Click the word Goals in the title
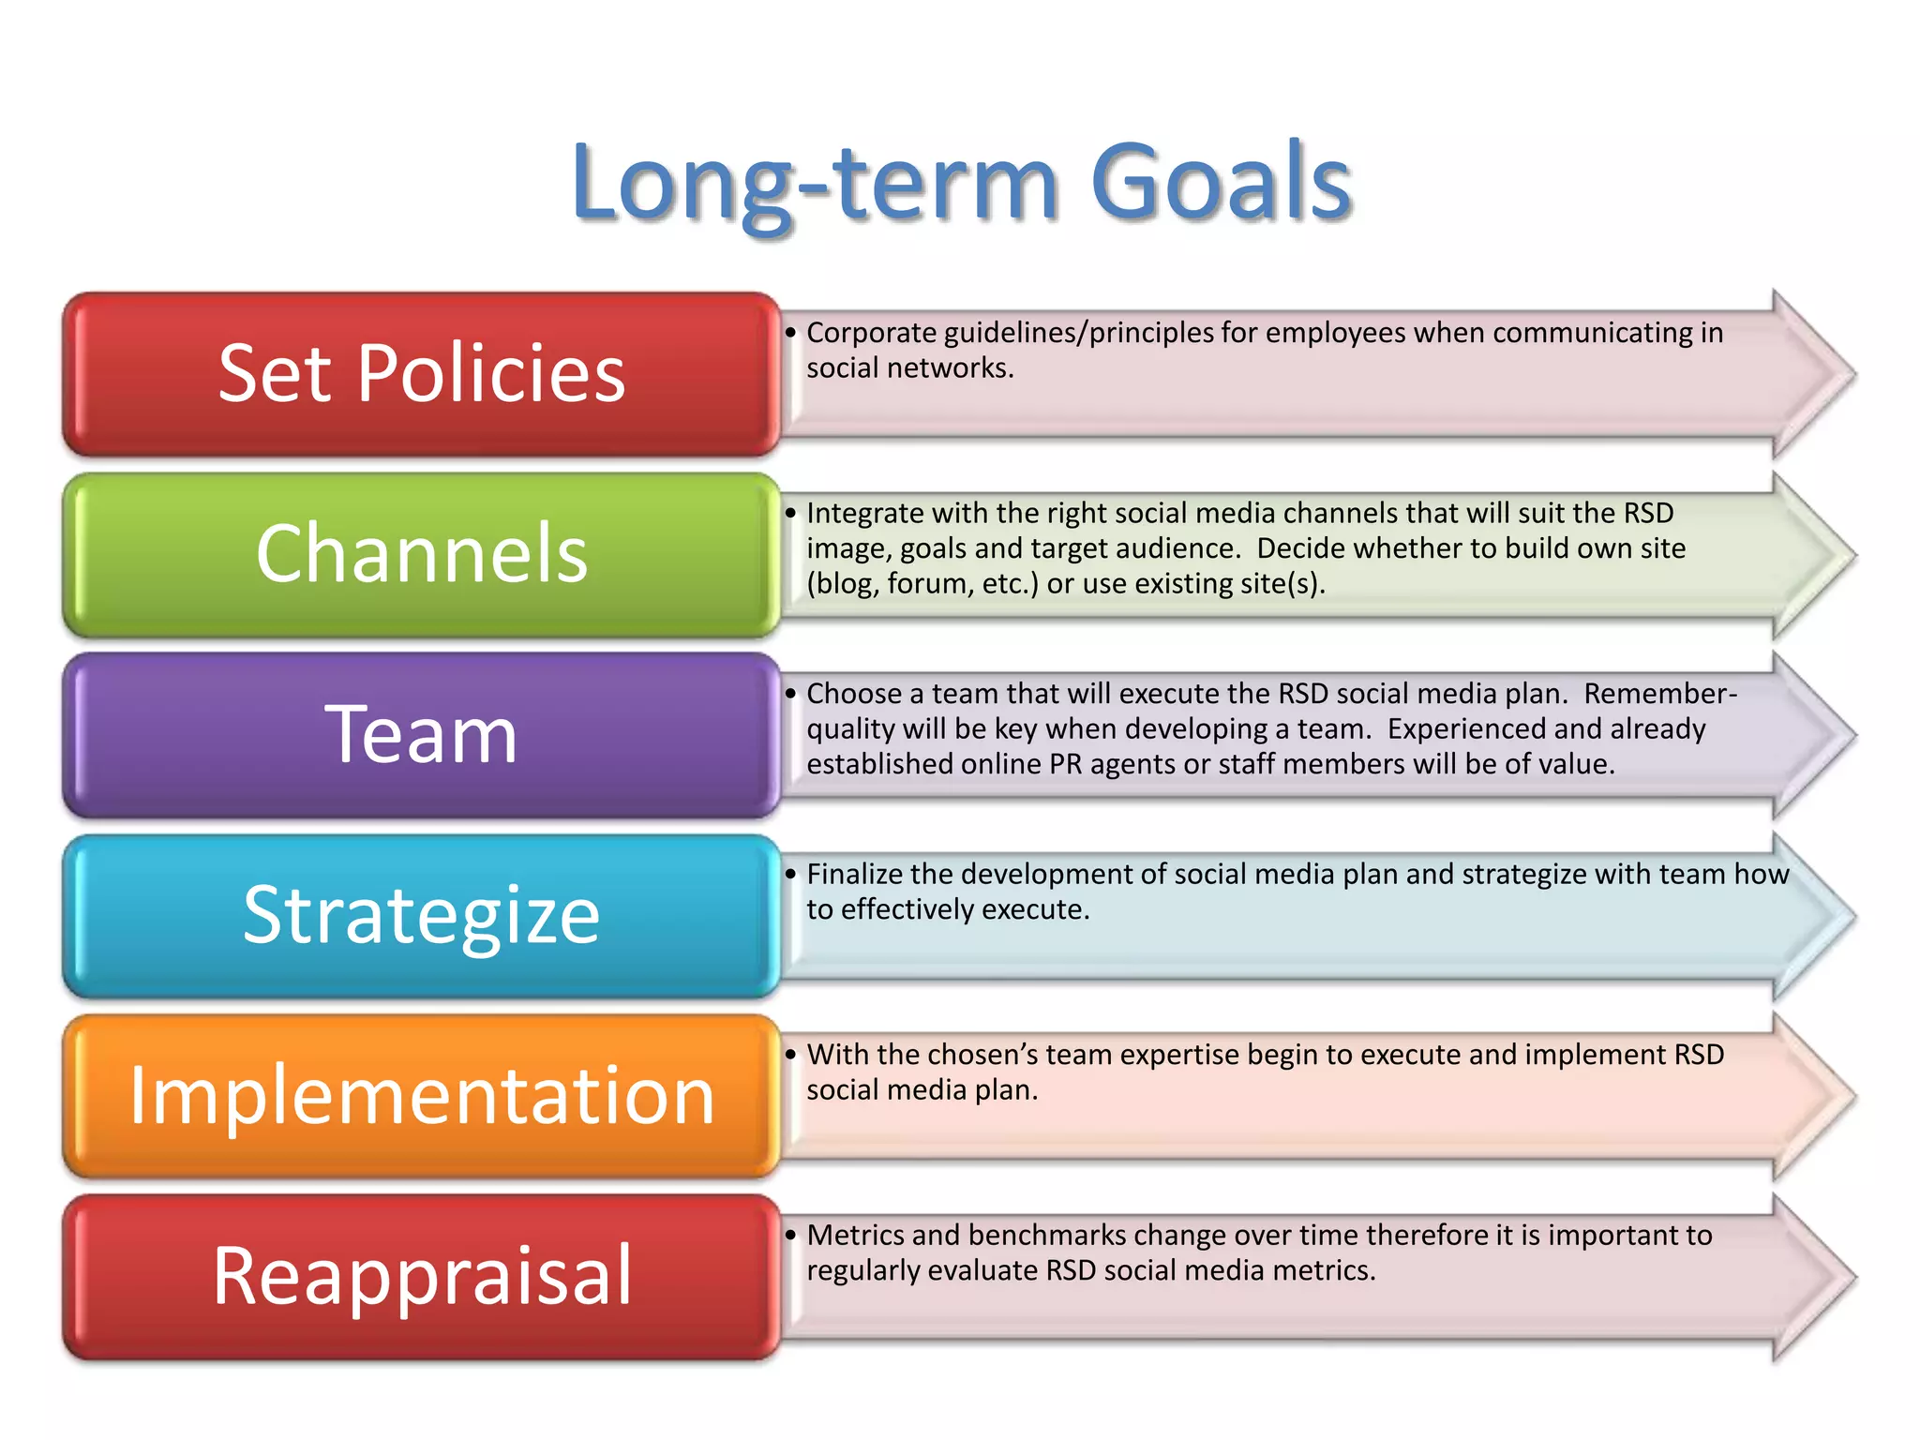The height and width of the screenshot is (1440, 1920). [x=1221, y=183]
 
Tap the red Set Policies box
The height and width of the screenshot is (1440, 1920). [x=421, y=374]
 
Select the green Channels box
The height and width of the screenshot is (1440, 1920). [x=421, y=554]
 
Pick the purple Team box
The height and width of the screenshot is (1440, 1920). [x=421, y=735]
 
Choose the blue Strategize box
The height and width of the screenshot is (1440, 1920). [x=421, y=915]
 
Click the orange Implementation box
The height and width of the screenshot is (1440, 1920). [x=421, y=1095]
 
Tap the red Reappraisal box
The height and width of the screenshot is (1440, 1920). [x=421, y=1276]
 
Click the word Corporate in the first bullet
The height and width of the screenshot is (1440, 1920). [x=871, y=333]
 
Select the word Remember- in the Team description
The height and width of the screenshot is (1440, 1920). [x=1660, y=694]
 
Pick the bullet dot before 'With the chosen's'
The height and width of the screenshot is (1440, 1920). [x=790, y=1055]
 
